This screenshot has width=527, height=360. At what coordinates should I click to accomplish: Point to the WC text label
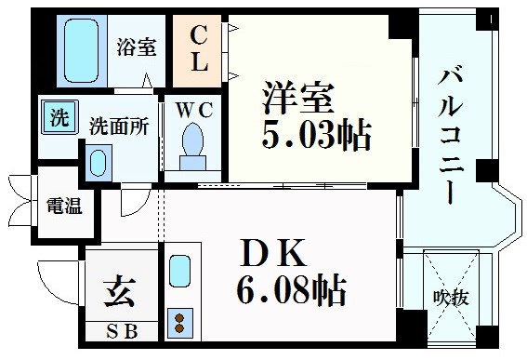click(x=193, y=109)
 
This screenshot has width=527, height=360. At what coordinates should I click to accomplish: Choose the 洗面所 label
click(x=119, y=124)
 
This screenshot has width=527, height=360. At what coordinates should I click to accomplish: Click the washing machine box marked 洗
click(x=58, y=118)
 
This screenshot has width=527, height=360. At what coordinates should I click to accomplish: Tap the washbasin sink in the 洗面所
click(x=96, y=162)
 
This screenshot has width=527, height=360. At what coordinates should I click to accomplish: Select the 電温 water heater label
click(x=64, y=206)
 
